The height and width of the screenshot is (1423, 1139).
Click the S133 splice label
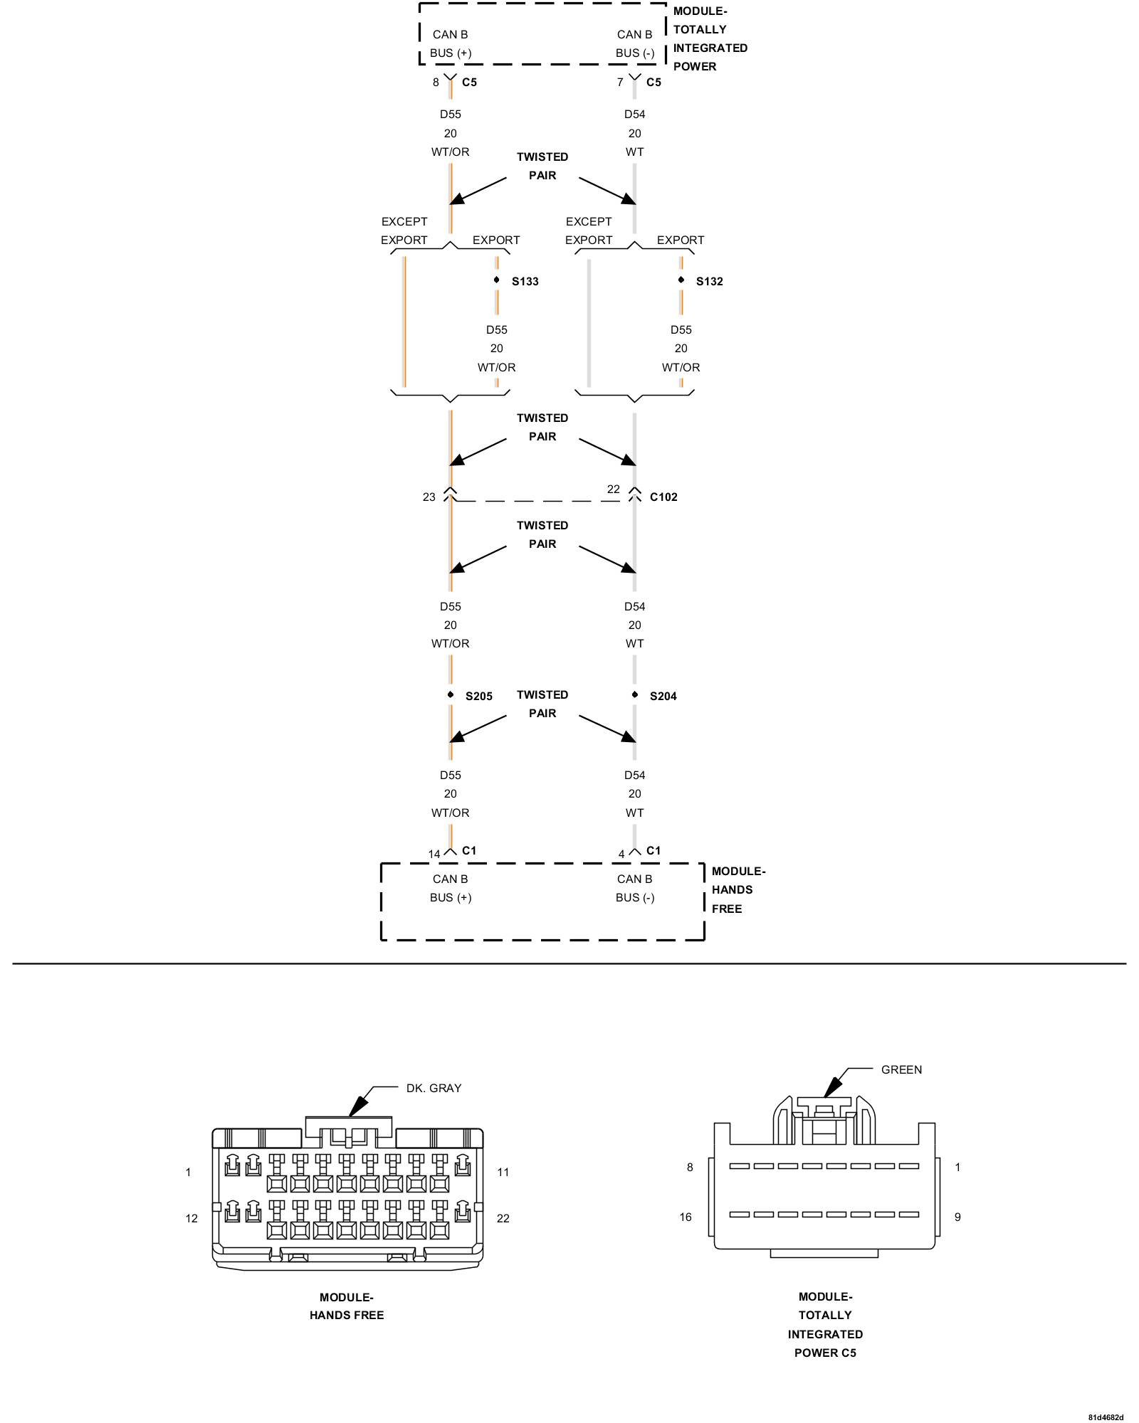[x=525, y=282]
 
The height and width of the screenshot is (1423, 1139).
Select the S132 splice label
[x=709, y=282]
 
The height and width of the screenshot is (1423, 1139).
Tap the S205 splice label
[x=478, y=697]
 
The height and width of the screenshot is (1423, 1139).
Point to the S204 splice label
[x=663, y=697]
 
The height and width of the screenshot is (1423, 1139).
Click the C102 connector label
[x=663, y=497]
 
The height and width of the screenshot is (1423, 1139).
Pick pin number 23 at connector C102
[x=429, y=497]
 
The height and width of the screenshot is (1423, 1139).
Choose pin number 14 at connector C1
[x=434, y=855]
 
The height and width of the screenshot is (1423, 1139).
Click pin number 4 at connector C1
[x=621, y=855]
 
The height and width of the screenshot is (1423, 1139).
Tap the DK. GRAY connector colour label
[x=434, y=1089]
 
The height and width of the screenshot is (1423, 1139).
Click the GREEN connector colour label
[x=901, y=1070]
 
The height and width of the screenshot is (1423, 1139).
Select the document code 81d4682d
[x=1105, y=1418]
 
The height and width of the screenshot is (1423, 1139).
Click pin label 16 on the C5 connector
[x=686, y=1217]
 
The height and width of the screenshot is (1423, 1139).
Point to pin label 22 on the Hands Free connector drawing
[x=503, y=1219]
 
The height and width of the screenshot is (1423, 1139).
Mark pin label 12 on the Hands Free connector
[x=191, y=1219]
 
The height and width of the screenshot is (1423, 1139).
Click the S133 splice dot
[x=497, y=280]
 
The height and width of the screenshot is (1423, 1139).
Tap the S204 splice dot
[x=635, y=694]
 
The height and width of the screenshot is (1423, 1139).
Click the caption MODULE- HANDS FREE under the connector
[x=347, y=1306]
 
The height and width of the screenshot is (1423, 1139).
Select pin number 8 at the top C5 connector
[x=436, y=83]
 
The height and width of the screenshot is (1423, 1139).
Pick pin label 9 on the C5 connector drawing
[x=957, y=1217]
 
